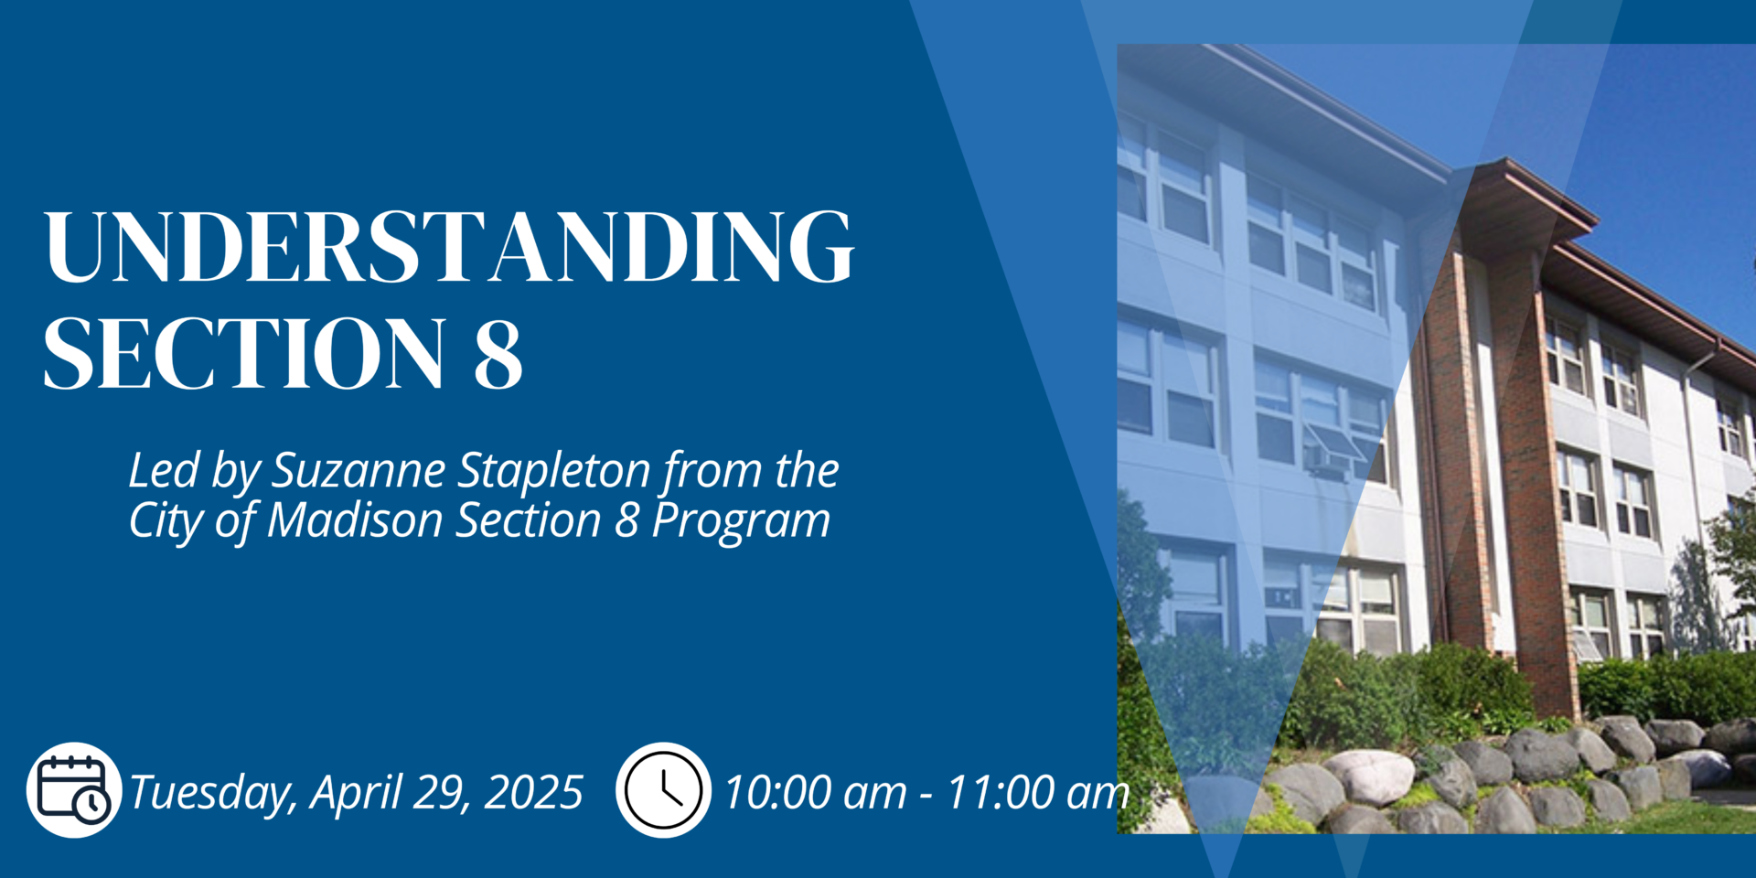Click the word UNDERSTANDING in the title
tap(448, 246)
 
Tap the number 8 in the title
tap(498, 354)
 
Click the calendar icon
tap(74, 789)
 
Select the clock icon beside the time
tap(663, 789)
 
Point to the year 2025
tap(533, 792)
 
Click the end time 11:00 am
tap(1038, 792)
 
